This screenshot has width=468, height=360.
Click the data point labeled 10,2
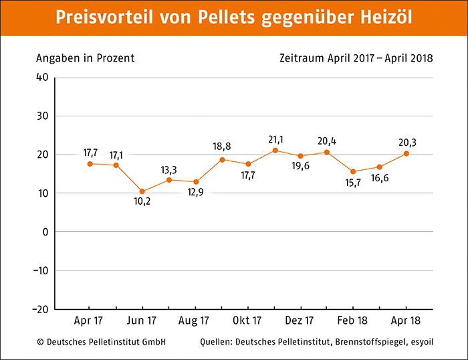142,191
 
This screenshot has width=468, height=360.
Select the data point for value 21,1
275,151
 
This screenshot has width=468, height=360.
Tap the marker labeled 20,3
406,153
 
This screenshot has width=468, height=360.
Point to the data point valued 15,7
353,171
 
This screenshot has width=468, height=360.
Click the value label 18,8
222,147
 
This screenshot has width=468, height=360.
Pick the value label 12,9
195,192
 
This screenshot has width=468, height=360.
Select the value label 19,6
301,166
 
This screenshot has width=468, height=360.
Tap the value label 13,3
169,170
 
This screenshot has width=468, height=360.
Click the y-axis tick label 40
42,78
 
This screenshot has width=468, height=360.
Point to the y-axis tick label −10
41,271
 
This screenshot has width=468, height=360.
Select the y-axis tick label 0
45,232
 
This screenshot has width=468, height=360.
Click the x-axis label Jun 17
142,321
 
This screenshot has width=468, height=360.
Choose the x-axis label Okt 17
247,321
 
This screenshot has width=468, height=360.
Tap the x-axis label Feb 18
352,321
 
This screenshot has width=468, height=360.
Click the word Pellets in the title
226,17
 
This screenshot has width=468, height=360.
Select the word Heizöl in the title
386,17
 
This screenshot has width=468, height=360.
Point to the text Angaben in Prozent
86,58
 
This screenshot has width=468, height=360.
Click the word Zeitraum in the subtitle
302,58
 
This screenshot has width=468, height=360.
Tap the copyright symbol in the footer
40,342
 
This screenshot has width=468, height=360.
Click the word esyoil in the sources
422,342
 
